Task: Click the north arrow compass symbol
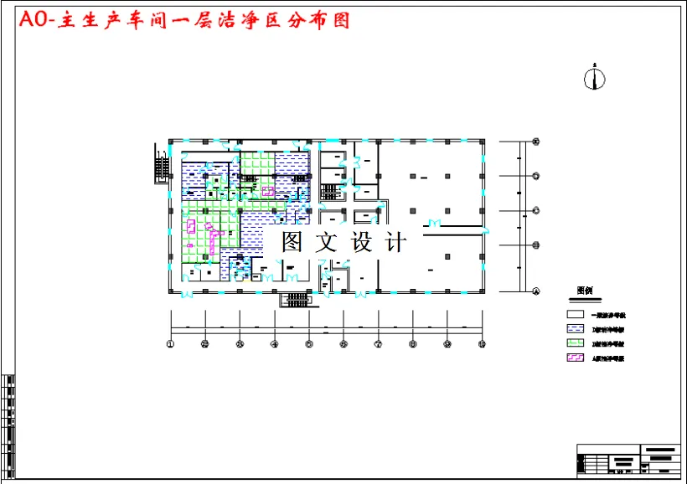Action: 594,78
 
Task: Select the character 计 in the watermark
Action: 396,243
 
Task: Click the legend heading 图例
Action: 585,291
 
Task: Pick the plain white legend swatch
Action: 576,315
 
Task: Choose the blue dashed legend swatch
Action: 576,329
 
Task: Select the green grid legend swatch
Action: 576,343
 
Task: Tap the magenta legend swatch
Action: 576,358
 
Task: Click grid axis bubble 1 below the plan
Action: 170,343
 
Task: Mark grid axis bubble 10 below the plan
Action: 483,343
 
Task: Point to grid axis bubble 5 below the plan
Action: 309,343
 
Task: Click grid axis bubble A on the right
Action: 536,291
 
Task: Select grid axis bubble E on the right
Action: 536,142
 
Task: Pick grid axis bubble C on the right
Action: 536,210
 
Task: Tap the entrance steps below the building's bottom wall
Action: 294,298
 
